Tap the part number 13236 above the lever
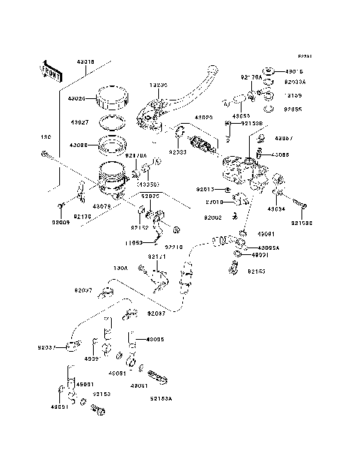(x=158, y=85)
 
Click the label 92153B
(x=252, y=123)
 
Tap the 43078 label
(x=102, y=205)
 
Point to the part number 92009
(x=61, y=223)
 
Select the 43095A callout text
(x=268, y=247)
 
